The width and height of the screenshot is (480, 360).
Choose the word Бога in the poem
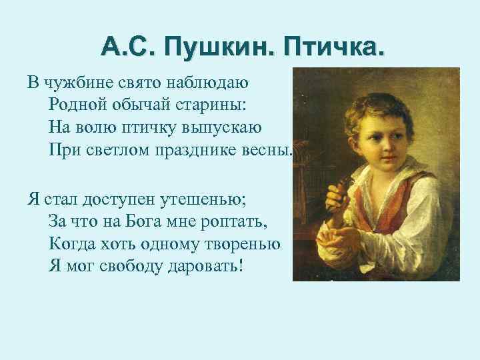click(159, 221)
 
